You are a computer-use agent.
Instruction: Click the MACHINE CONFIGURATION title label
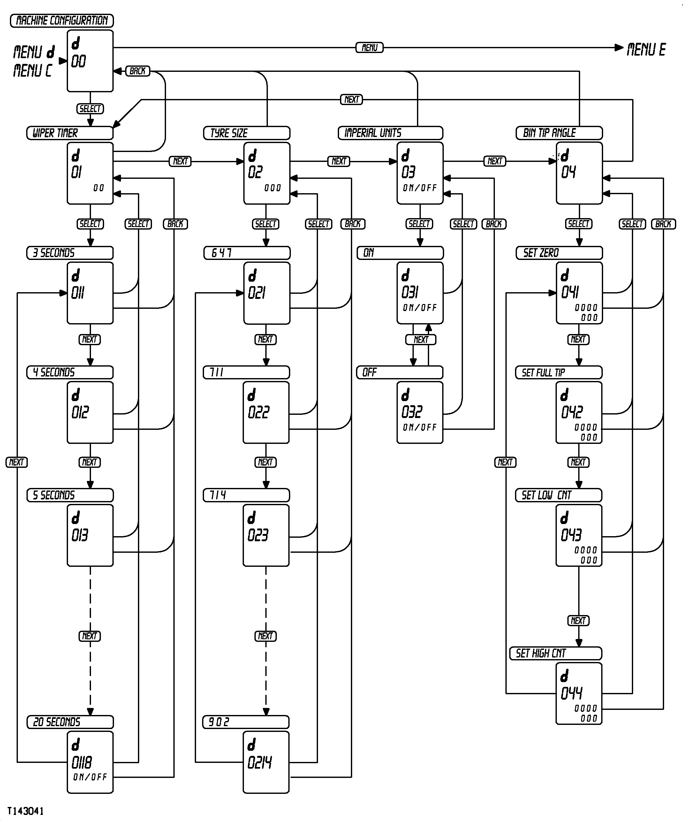click(x=62, y=21)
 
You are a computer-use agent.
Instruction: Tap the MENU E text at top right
click(x=646, y=49)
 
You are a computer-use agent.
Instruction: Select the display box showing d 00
click(x=90, y=61)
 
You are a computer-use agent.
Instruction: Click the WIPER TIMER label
click(x=70, y=133)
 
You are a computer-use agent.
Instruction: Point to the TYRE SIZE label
click(x=246, y=133)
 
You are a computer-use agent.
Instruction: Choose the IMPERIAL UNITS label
click(x=390, y=133)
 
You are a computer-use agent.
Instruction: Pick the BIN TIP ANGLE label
click(x=559, y=133)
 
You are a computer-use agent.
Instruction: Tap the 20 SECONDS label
click(x=70, y=722)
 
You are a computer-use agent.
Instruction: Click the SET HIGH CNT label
click(x=555, y=653)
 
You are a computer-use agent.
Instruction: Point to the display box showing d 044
click(x=579, y=694)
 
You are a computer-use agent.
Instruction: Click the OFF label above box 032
click(x=399, y=372)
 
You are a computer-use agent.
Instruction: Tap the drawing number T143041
click(x=26, y=811)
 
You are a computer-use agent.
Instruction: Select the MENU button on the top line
click(x=369, y=48)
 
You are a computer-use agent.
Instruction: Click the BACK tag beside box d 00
click(x=138, y=71)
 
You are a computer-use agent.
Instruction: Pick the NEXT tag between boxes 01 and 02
click(x=180, y=161)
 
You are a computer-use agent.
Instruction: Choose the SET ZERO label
click(x=559, y=253)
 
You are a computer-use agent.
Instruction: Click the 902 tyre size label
click(x=246, y=722)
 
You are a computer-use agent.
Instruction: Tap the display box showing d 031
click(x=420, y=293)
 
